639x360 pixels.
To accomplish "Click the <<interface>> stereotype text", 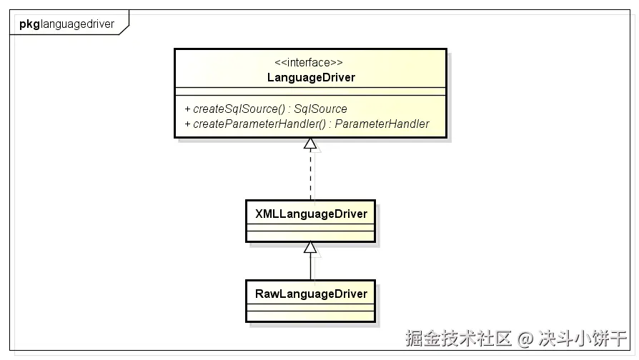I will point(309,62).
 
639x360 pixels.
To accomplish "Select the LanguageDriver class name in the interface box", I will point(309,77).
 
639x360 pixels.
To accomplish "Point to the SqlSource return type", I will point(320,109).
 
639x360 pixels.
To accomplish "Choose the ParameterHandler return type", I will point(382,124).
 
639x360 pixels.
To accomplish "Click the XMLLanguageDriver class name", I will point(310,214).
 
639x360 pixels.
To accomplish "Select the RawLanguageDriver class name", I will point(310,294).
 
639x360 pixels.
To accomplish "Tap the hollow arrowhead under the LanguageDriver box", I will point(310,144).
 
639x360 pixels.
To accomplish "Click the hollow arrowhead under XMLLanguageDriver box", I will point(310,247).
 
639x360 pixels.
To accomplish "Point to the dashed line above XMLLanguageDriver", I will point(310,175).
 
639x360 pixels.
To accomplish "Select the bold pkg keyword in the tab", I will point(29,24).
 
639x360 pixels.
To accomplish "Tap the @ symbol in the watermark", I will point(526,337).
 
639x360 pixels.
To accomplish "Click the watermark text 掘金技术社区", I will point(459,337).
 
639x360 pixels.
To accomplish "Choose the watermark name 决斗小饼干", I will point(583,337).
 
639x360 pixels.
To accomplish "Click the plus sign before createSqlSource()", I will point(187,109).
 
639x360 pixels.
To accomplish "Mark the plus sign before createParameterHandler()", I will point(187,124).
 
